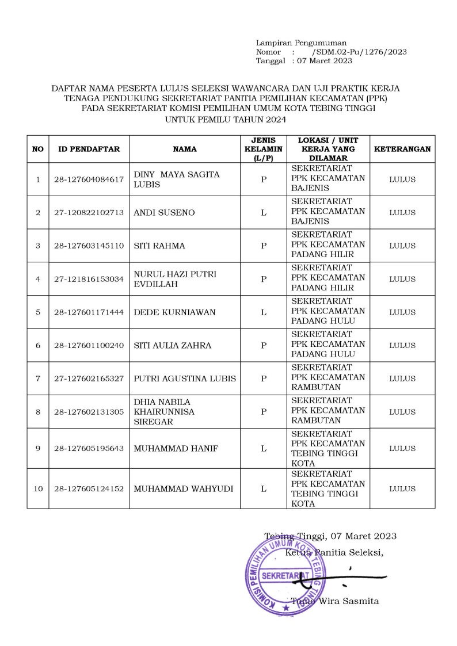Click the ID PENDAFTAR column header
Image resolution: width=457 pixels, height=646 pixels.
click(89, 149)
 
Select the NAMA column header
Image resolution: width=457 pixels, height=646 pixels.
click(185, 149)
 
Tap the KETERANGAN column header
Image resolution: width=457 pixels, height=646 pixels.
click(402, 149)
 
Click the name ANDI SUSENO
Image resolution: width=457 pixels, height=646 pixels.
click(164, 213)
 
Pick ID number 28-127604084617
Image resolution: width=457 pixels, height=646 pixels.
click(89, 179)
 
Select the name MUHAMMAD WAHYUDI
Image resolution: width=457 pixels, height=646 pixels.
click(183, 489)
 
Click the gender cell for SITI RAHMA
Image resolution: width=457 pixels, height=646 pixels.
click(263, 246)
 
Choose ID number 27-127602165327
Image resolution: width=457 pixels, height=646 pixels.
click(89, 379)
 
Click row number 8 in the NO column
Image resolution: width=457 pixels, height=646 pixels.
click(38, 412)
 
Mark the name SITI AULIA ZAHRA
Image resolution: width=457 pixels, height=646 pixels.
click(172, 346)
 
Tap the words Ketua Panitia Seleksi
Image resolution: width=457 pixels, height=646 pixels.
click(334, 553)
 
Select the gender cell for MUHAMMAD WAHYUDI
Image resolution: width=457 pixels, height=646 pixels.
click(263, 489)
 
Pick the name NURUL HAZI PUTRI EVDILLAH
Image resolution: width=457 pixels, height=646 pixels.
click(175, 279)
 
